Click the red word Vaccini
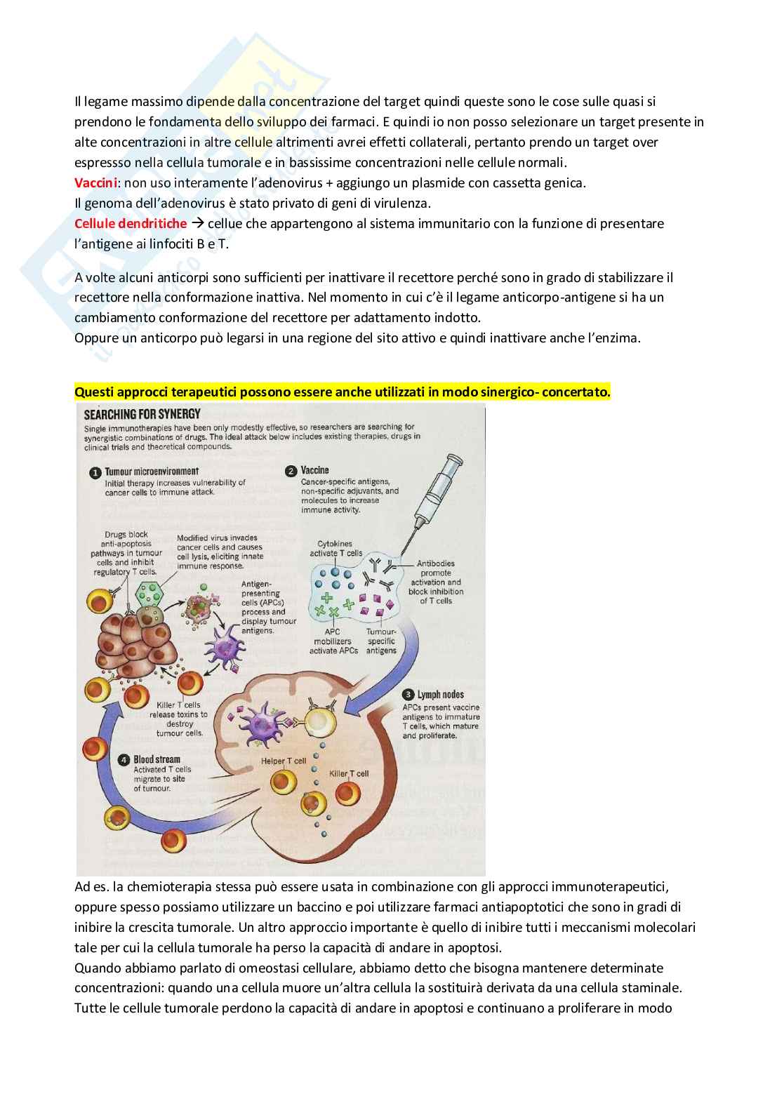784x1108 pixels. click(x=95, y=183)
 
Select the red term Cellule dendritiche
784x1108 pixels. click(x=131, y=224)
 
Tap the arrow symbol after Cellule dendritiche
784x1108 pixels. click(x=197, y=224)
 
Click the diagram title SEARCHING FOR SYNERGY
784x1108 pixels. click(x=142, y=414)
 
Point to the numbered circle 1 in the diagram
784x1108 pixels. click(x=95, y=473)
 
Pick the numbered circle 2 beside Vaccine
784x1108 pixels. click(x=291, y=471)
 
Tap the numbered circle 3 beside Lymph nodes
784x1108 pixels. click(x=408, y=695)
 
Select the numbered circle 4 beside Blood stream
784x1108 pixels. click(x=124, y=760)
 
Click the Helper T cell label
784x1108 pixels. click(x=284, y=761)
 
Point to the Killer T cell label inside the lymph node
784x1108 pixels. click(x=349, y=773)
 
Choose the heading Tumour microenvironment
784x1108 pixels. click(x=152, y=472)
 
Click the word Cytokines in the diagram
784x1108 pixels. click(x=335, y=544)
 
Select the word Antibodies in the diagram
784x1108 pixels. click(x=435, y=563)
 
